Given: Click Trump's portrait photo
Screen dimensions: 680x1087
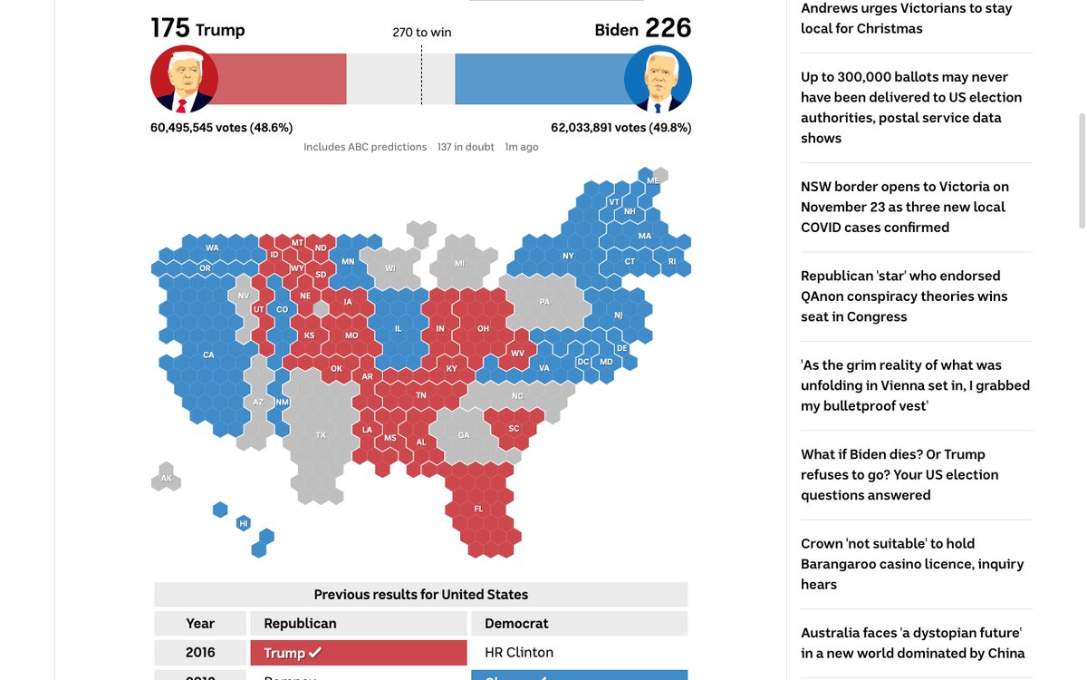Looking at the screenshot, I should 184,79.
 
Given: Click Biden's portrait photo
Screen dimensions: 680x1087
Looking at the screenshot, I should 658,79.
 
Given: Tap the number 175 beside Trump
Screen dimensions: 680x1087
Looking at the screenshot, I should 170,28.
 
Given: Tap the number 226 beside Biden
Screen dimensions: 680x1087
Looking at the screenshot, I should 668,28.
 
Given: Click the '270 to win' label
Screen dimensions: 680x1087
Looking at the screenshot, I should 421,33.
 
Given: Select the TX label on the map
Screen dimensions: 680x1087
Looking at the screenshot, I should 321,435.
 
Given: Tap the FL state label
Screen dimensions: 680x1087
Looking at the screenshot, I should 478,510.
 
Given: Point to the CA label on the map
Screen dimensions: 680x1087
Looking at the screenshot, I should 208,355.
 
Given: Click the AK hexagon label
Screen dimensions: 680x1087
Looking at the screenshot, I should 167,478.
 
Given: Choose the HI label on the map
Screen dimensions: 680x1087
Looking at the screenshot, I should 243,523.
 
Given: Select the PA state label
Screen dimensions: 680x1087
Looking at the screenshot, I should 544,302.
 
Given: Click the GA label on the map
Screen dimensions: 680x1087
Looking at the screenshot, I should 464,435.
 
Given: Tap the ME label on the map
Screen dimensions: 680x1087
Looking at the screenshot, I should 653,181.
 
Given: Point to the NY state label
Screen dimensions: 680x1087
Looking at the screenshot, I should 568,256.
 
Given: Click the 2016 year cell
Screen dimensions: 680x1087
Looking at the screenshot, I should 200,653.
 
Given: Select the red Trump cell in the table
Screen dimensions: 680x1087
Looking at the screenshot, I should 358,653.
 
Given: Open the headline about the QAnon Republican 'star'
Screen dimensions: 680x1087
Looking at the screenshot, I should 904,296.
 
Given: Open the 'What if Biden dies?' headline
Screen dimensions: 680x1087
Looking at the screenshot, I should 899,474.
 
